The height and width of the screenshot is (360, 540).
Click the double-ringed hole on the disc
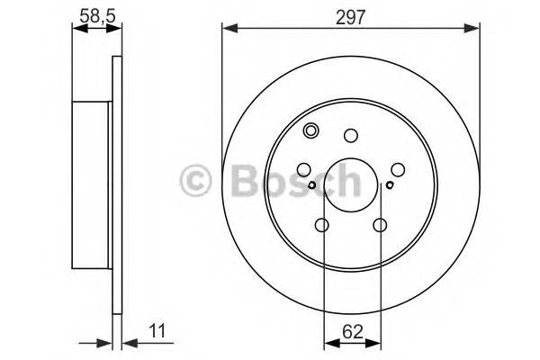tap(311, 131)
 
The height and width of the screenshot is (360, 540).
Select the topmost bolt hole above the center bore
tap(351, 136)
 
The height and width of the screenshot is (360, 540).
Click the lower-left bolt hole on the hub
tap(322, 225)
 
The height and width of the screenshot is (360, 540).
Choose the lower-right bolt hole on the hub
tap(380, 225)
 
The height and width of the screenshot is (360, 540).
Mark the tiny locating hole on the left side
tap(311, 186)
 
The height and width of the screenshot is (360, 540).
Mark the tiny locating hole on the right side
tap(390, 186)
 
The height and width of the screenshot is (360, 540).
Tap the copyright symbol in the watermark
tap(195, 180)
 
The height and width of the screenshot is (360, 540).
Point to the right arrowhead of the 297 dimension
tap(473, 31)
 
